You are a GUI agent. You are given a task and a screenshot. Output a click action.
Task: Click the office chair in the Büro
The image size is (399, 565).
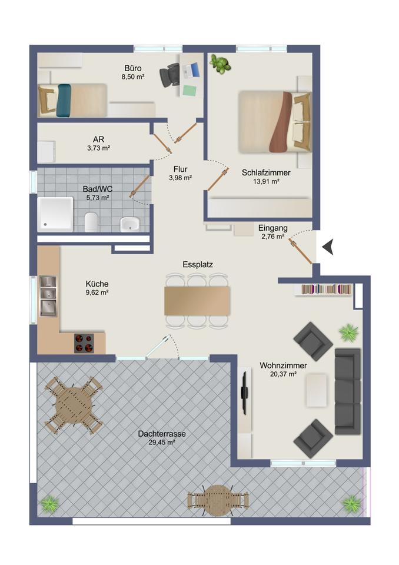coord(169,75)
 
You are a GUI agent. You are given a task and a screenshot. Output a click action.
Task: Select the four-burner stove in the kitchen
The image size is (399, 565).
coord(84,343)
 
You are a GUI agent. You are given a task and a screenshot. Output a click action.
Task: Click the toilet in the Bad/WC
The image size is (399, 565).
coord(91,222)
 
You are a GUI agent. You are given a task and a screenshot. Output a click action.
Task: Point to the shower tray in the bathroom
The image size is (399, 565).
coord(55,214)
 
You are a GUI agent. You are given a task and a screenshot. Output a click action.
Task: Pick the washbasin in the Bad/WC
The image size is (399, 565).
coord(129,224)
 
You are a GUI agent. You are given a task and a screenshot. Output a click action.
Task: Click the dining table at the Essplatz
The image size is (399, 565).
coord(197,301)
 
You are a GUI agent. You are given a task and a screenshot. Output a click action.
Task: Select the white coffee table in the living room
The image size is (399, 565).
coord(317,390)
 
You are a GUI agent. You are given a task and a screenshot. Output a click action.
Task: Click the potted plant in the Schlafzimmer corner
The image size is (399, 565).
coord(220,64)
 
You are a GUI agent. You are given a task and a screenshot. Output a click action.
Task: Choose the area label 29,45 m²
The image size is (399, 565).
coord(162,443)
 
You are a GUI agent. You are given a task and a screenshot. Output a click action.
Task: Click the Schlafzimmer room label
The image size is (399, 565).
coord(266,172)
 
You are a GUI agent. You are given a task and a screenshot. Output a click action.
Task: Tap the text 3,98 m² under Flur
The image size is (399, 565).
coord(180,178)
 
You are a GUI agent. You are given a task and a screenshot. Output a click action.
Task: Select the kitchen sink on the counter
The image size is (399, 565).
coord(48,296)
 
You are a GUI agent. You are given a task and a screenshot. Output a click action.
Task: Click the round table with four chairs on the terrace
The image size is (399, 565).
coord(74,405)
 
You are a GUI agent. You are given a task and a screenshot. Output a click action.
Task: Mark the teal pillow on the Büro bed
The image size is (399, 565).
coord(64,101)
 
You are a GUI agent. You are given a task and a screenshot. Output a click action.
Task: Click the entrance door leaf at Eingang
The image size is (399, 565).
coord(300,251)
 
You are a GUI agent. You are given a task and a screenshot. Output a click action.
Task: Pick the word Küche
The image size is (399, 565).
coord(97,284)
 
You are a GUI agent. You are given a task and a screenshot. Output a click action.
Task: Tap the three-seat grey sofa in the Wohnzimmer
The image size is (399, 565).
coord(347,391)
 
